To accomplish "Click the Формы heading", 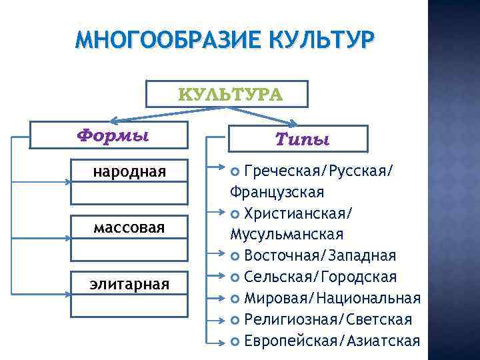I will [113, 134].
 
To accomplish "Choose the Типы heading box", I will [302, 139].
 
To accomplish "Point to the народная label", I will [129, 172].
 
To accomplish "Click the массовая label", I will [129, 229].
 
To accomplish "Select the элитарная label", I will [129, 285].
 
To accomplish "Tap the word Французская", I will [277, 193].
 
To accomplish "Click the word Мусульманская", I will [286, 234].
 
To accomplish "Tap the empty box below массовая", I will [129, 249].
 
